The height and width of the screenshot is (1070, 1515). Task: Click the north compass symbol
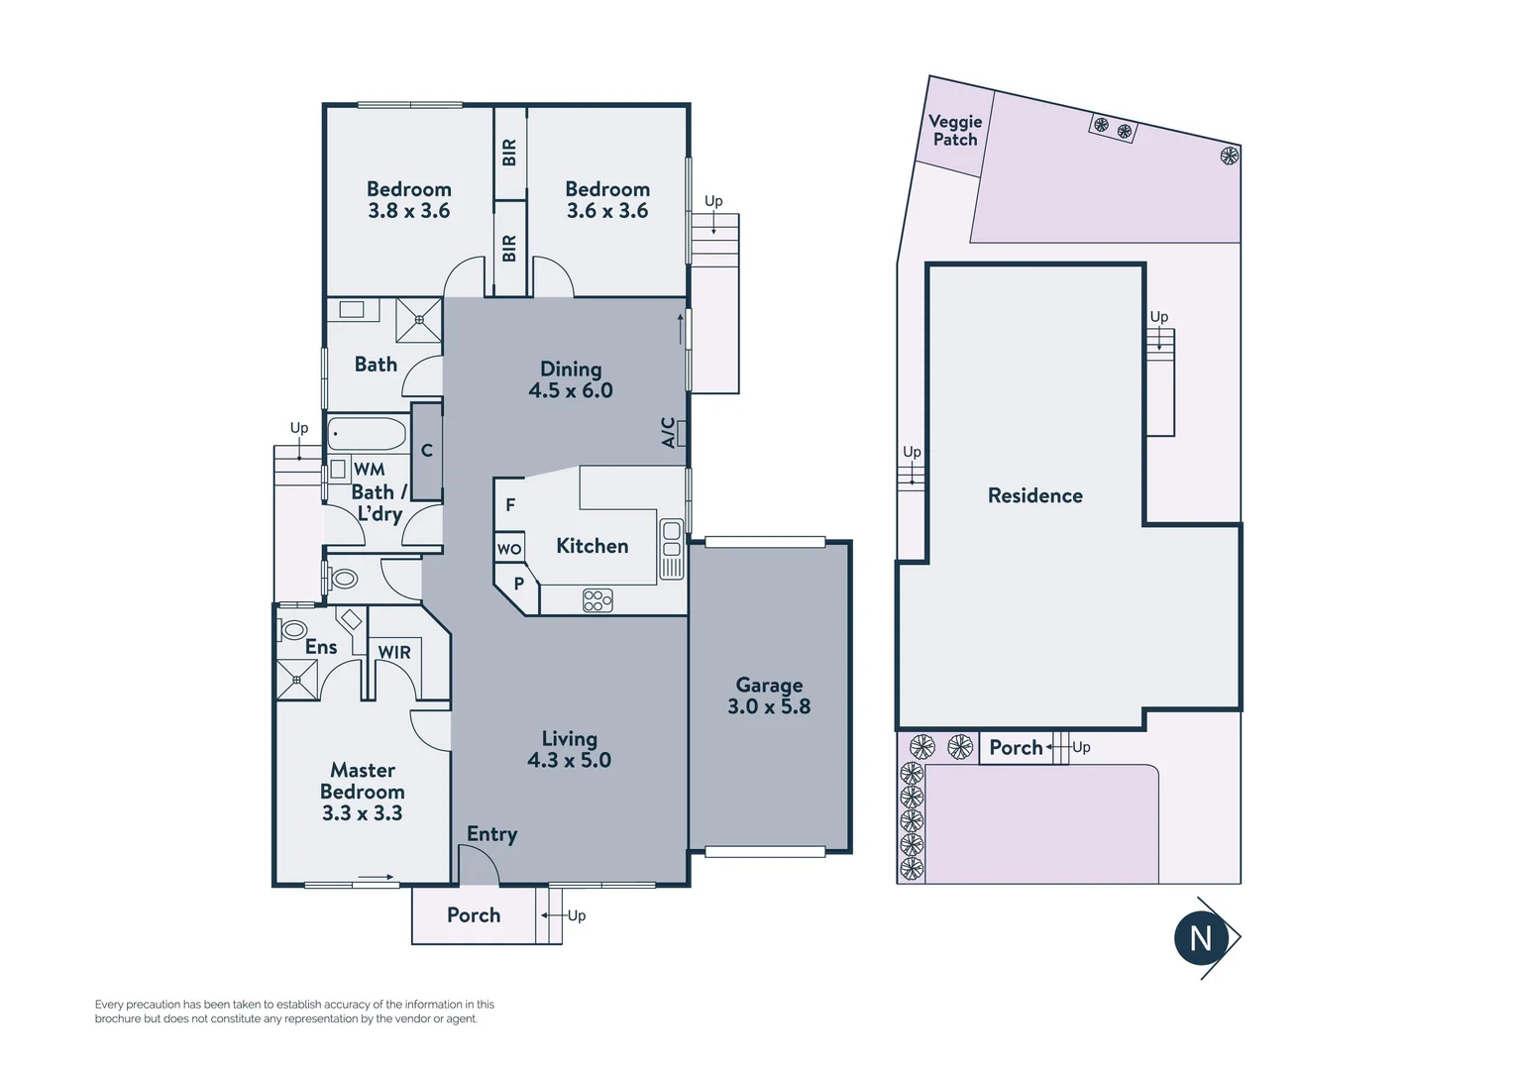point(1202,938)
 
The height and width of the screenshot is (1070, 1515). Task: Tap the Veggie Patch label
point(954,130)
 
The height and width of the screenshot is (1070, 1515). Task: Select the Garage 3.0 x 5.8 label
point(769,695)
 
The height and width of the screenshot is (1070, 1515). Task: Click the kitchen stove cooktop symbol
point(597,599)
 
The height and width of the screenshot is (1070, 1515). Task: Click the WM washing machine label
point(369,470)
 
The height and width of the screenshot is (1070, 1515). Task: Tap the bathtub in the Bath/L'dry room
point(367,434)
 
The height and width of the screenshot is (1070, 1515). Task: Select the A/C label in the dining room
point(668,432)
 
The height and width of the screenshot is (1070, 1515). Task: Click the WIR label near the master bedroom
point(393,652)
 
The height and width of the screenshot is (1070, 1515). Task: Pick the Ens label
point(320,647)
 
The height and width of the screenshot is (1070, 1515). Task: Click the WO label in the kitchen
point(509,549)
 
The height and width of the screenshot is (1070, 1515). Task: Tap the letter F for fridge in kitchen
point(510,505)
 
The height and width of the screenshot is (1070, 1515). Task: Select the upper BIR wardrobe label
point(509,153)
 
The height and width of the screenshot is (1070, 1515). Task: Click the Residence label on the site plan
point(1034,495)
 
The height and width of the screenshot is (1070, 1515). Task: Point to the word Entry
point(491,834)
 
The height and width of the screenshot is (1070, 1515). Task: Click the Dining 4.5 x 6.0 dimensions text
point(571,390)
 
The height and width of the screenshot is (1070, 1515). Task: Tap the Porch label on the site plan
point(1016,748)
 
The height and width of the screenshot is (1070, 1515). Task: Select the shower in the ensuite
point(297,680)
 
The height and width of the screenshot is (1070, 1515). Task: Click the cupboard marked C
point(426,451)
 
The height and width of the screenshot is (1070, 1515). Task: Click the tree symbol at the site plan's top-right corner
point(1229,156)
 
